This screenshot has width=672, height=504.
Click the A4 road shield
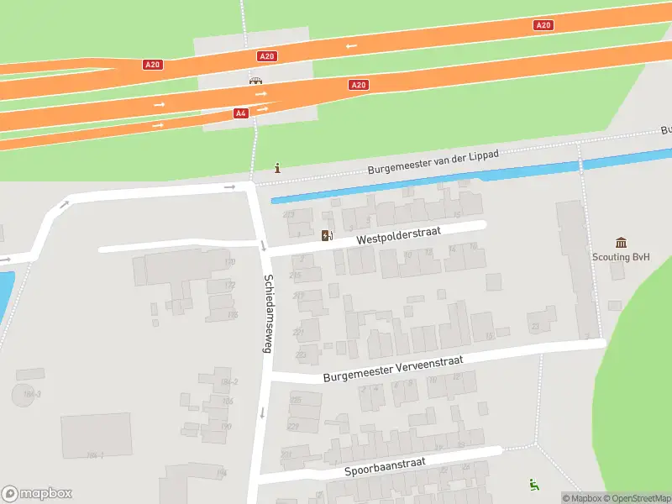point(241,113)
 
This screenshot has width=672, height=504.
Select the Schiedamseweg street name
point(267,312)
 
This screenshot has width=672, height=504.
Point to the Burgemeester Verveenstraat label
point(393,368)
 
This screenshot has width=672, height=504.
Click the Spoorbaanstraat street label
point(386,467)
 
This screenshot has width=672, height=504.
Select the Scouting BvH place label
point(620,258)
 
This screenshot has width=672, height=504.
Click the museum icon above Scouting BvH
point(621,242)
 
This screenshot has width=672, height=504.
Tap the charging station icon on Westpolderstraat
point(327,236)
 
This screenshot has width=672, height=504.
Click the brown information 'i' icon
point(278,168)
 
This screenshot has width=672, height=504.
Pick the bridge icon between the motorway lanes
point(255,81)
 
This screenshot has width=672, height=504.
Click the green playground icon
point(533,483)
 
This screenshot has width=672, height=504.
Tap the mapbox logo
point(36,493)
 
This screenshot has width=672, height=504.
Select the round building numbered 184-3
point(26,394)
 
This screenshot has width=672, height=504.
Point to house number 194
point(221,473)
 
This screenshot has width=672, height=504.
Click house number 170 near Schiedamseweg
point(229,262)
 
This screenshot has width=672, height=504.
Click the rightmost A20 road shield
point(543,25)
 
